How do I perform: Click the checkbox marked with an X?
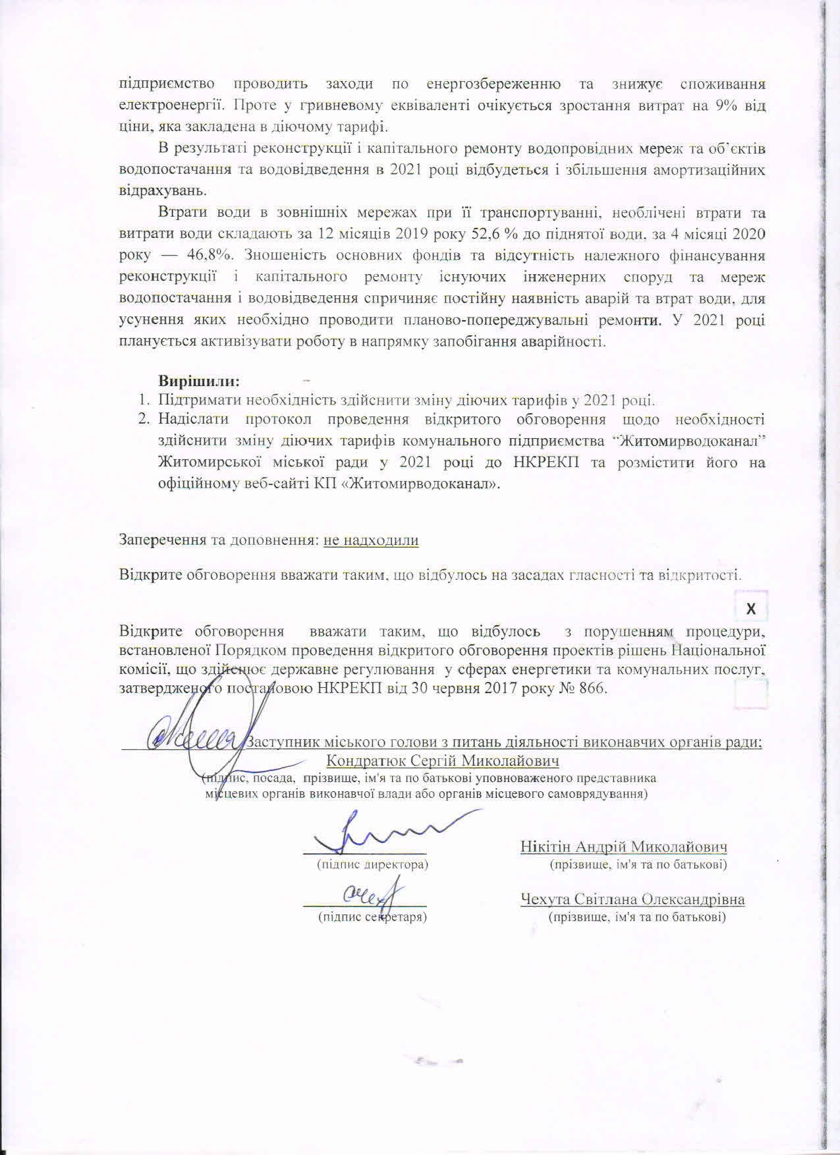[751, 609]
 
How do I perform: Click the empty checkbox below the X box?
[751, 694]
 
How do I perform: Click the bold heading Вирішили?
[199, 381]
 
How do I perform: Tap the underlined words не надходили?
[371, 540]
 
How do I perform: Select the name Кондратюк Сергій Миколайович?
[443, 761]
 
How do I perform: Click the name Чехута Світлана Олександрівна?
[632, 899]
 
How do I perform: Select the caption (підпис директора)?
[373, 863]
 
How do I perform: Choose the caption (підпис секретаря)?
[372, 916]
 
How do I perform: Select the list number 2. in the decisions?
[144, 419]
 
